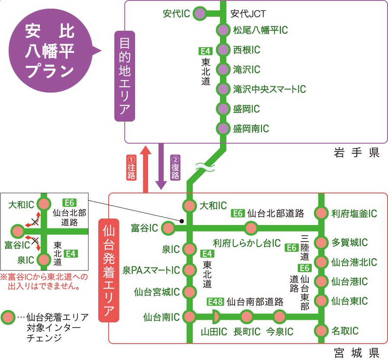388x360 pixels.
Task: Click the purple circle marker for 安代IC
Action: point(199,14)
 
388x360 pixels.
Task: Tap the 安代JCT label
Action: point(248,14)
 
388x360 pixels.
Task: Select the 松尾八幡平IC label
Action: point(260,30)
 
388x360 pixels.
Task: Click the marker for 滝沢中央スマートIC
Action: point(223,89)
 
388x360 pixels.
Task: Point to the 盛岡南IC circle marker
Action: point(223,129)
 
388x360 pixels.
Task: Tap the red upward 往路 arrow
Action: point(145,169)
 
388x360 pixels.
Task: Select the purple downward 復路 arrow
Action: point(161,167)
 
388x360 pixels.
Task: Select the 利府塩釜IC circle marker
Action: point(321,213)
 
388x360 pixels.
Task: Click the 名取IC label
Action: point(345,331)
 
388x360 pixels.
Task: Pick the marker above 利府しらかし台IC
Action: point(251,228)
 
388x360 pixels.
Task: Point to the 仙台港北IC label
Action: point(354,262)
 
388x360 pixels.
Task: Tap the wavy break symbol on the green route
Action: point(203,166)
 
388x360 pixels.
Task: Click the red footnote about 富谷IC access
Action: point(44,281)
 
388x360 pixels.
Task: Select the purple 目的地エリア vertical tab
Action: point(124,76)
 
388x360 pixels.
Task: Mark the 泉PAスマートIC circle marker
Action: point(189,270)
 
